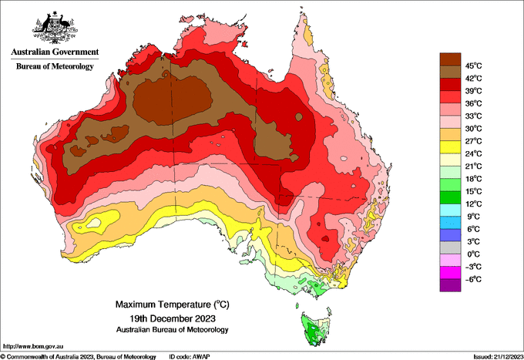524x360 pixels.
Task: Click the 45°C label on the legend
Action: (474, 66)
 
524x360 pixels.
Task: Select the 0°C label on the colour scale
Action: (474, 254)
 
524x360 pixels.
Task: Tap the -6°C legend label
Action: (473, 279)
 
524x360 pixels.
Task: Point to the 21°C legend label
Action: (474, 167)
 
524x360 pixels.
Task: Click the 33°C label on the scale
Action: (474, 116)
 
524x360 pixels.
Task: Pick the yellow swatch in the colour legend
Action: (450, 147)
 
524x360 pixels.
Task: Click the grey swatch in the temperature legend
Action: (450, 247)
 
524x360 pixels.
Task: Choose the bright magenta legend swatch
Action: (450, 273)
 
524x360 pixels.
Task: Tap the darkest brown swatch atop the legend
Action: (450, 59)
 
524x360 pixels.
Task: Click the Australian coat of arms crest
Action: (55, 28)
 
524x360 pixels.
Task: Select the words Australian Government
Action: (55, 52)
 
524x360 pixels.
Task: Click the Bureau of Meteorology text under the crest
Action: (55, 66)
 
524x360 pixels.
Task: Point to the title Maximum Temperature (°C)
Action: (173, 304)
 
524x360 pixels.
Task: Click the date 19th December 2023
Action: (173, 318)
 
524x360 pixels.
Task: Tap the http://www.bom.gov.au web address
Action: (33, 346)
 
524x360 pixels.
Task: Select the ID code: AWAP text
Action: (190, 357)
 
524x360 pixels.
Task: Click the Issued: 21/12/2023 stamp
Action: (499, 357)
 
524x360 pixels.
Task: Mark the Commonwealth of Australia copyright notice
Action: (78, 357)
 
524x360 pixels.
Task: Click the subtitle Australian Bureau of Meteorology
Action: (173, 330)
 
